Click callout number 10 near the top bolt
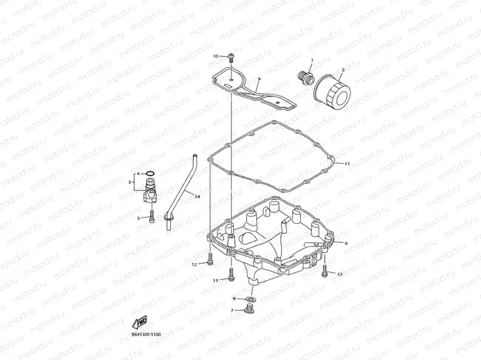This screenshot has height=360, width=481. pos(217,55)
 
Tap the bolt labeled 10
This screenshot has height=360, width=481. pos(232,57)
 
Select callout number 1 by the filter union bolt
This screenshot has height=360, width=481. pos(312,60)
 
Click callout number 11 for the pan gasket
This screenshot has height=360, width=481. pos(347,163)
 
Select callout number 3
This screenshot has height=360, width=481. pos(129,182)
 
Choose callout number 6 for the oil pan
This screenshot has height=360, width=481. pos(346,243)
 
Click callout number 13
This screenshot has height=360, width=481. pos(216,281)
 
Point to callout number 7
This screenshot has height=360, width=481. pos(232,310)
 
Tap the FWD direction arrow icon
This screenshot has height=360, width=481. pos(140,322)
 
